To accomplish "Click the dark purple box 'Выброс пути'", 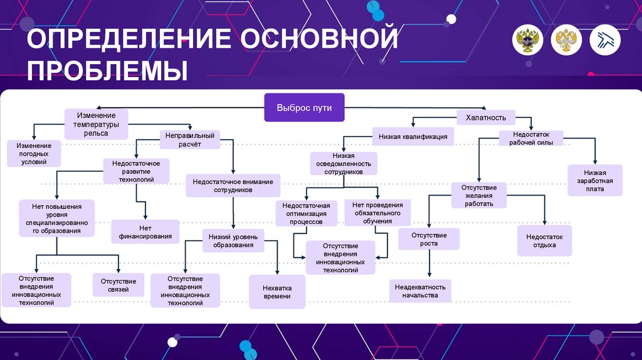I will coord(304,108).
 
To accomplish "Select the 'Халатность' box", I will coord(481,117).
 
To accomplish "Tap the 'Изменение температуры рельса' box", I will coord(96,124).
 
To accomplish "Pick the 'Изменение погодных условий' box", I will coord(34,153).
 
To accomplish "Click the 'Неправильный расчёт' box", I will coord(189,139).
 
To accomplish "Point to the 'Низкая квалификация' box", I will coord(413,136).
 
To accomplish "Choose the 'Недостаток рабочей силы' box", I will coord(530,138).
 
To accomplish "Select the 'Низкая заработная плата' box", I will coord(594,180).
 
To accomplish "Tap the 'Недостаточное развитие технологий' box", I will coord(136,171).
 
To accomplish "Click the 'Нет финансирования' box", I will coord(145,231).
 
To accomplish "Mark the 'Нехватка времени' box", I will coord(276,292).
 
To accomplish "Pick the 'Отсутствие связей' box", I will coord(118,285).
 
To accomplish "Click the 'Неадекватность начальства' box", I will coord(420,290).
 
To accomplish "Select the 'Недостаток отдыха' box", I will coord(544,241).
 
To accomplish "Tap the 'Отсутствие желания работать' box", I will coord(479,195).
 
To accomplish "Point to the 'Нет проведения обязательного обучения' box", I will coord(377,213).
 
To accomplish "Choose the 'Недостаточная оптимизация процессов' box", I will coord(306,213).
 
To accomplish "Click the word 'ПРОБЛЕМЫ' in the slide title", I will coord(107,70).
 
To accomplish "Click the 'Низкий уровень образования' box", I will coord(233,241).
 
